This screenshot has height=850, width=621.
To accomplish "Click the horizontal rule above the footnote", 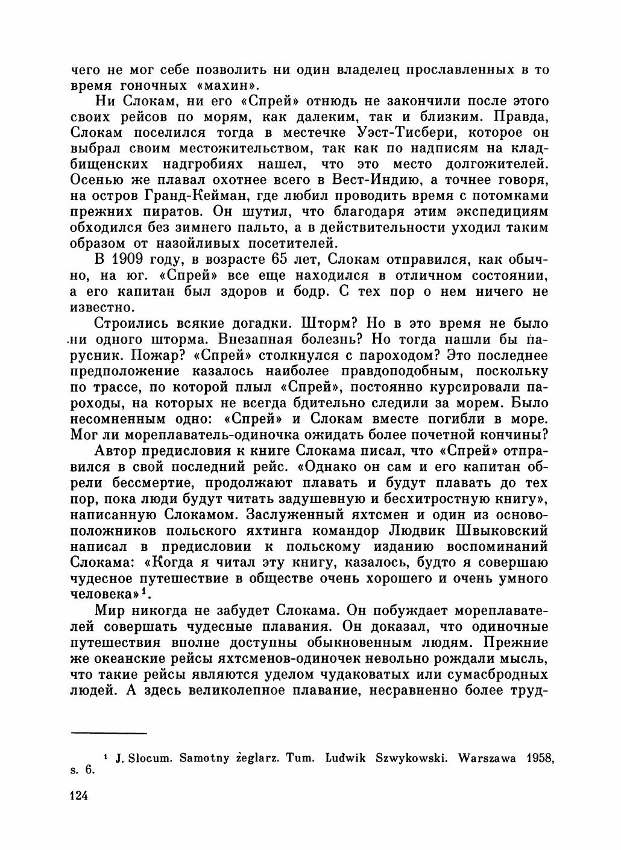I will click(x=109, y=733).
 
